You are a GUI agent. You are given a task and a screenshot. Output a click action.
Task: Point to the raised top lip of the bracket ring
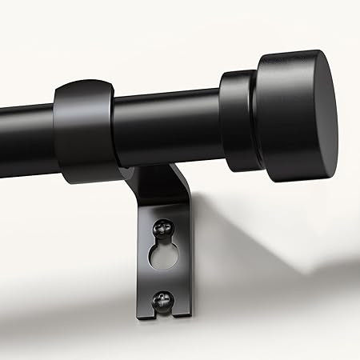[x=86, y=86]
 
